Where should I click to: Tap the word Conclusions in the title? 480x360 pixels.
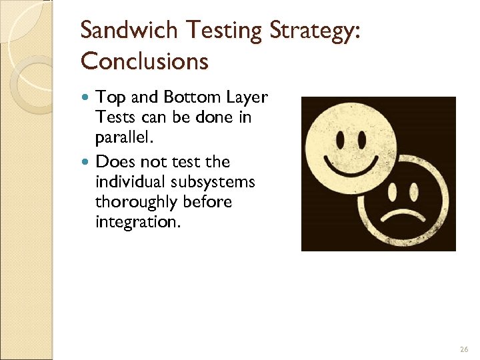coord(145,61)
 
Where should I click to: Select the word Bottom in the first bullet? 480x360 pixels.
coord(187,98)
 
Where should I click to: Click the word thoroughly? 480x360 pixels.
coord(135,201)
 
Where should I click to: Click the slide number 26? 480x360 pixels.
coord(464,349)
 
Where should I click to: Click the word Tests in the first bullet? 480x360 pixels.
coord(114,117)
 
